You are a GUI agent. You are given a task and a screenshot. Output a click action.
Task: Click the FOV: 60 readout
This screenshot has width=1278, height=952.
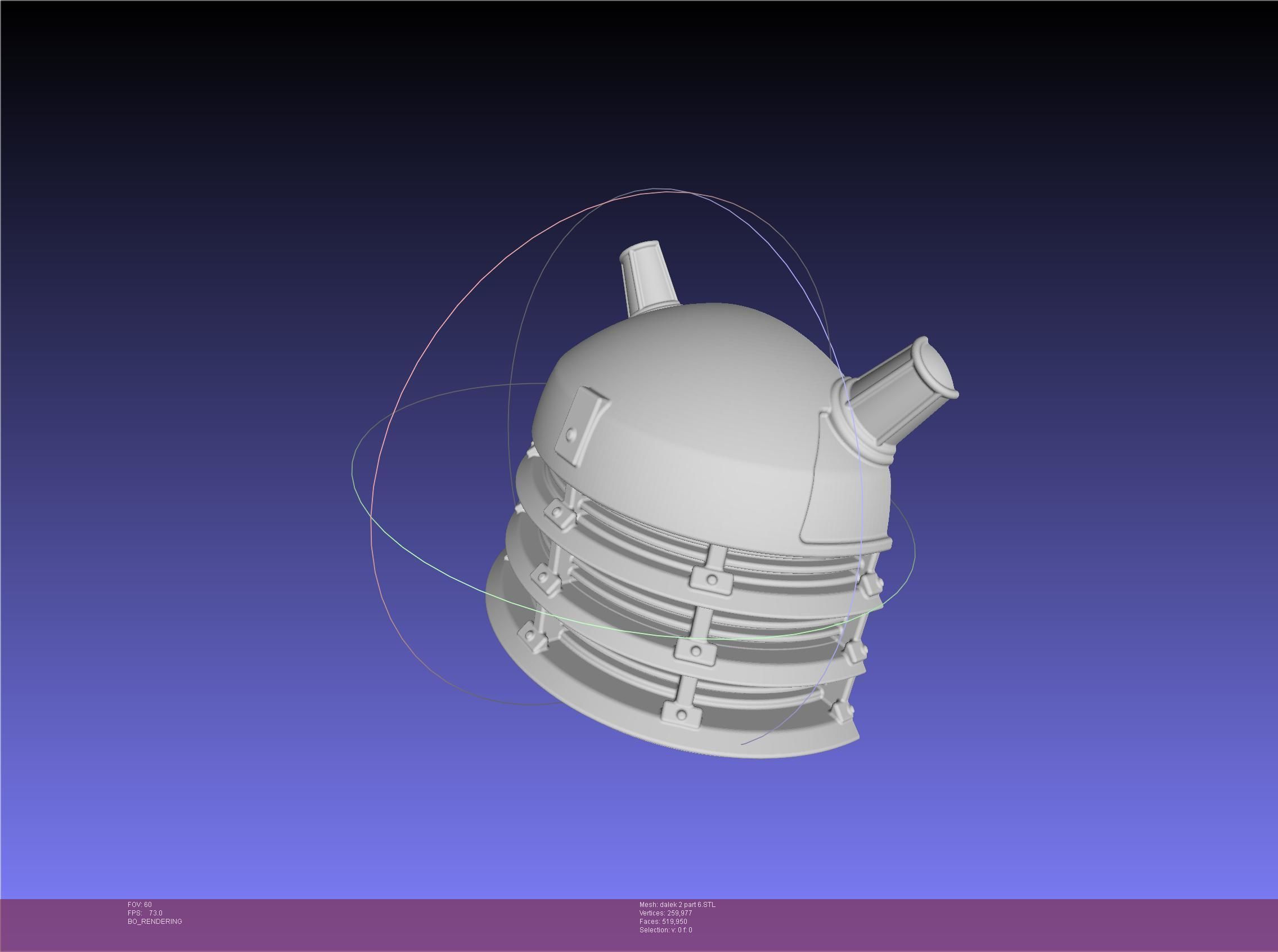139,905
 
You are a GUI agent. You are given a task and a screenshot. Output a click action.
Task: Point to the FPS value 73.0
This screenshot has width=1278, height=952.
156,913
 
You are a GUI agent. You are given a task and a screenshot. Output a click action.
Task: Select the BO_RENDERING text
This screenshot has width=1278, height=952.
155,922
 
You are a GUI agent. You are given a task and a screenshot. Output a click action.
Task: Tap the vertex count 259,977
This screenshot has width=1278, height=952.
679,913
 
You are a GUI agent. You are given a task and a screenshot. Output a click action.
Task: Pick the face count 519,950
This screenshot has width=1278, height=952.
676,922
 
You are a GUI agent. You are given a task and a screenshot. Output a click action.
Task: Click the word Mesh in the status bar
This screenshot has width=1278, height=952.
647,905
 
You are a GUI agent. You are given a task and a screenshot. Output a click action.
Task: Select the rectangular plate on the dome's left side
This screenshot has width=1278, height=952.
581,426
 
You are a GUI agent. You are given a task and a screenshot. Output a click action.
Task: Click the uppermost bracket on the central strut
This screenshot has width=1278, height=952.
711,578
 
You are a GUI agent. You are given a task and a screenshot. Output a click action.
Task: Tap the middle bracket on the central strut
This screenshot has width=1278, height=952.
695,650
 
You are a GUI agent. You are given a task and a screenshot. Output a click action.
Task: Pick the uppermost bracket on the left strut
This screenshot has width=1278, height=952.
559,513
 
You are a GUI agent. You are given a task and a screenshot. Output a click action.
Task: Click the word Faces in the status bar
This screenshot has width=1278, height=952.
649,922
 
